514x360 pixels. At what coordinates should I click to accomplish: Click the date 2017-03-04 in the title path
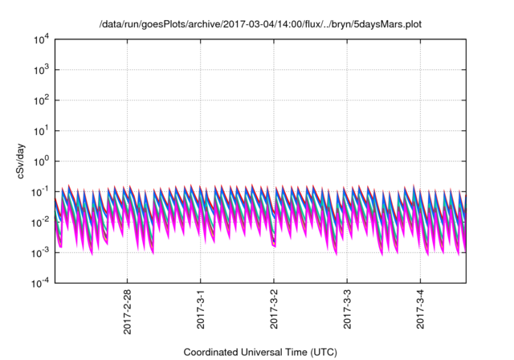[x=228, y=24]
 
